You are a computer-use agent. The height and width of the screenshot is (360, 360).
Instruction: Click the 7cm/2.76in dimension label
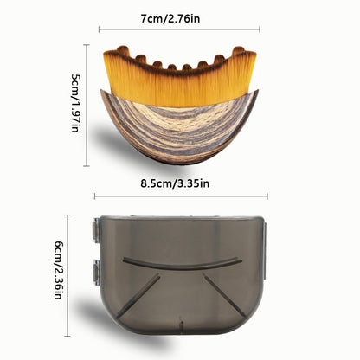click(x=170, y=19)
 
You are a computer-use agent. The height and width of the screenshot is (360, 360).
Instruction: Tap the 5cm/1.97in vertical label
click(x=75, y=103)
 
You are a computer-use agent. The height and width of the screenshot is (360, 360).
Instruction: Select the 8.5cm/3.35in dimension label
click(x=175, y=183)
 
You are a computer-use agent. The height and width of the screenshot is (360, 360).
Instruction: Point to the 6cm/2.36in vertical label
click(x=59, y=270)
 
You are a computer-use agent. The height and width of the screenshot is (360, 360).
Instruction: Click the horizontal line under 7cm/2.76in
click(x=179, y=29)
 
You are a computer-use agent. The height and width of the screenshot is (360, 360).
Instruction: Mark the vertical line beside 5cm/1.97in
click(x=87, y=106)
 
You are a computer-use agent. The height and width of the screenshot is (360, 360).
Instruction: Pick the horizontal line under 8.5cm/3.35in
click(x=181, y=196)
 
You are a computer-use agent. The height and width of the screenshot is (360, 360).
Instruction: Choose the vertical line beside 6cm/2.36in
click(x=67, y=275)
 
